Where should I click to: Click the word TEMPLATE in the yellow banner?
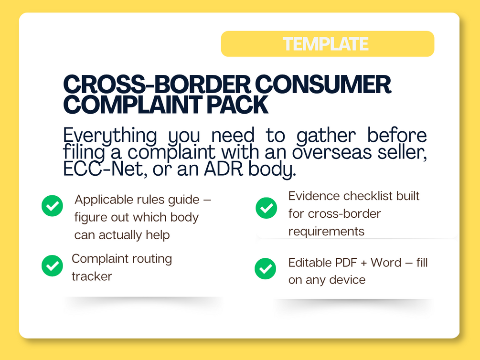tap(325, 44)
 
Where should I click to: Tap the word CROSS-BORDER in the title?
tap(157, 84)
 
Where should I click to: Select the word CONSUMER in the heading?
tap(323, 84)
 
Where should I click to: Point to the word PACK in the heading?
tap(237, 105)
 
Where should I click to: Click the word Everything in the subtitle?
tap(110, 136)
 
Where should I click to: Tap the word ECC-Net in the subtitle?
tap(103, 169)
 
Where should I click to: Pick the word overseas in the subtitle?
tap(331, 152)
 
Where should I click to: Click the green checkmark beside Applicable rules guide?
tap(53, 206)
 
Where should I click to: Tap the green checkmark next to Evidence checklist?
tap(267, 208)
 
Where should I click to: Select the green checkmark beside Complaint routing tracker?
tap(53, 266)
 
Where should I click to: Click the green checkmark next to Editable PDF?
tap(266, 269)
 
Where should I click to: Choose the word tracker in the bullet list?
tap(92, 276)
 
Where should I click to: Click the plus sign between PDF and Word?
tap(363, 263)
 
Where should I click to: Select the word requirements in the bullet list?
tap(326, 232)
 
